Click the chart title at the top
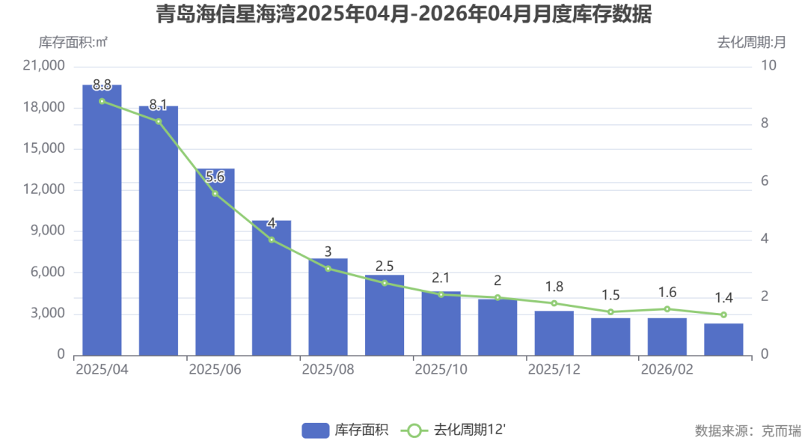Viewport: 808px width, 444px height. (403, 15)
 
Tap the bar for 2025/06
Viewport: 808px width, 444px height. (215, 261)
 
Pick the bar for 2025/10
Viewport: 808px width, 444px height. (441, 323)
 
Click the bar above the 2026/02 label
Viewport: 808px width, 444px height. (667, 336)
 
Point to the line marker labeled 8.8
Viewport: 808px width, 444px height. (102, 101)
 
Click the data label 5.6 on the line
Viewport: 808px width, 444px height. (215, 177)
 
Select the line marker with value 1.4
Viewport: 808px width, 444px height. (723, 314)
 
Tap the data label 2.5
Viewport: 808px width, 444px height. (385, 267)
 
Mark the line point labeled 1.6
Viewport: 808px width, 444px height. (667, 309)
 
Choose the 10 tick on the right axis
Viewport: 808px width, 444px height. (768, 66)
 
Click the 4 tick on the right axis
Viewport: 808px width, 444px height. (765, 239)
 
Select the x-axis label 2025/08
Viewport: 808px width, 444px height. (328, 370)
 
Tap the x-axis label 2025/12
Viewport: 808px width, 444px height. (554, 370)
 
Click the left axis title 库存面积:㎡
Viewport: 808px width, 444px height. (73, 43)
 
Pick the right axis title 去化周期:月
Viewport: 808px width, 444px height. (751, 43)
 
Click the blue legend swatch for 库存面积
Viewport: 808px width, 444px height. (316, 430)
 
